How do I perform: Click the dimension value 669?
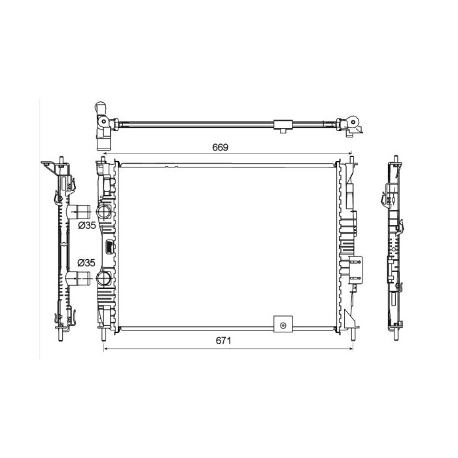point(220,147)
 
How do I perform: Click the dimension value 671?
point(223,341)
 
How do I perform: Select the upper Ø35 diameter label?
point(87,225)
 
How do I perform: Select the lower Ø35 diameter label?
point(86,263)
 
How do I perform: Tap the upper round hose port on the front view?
point(103,212)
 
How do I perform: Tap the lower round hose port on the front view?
point(103,278)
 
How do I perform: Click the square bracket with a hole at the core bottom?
point(283,324)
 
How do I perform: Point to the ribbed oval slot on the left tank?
point(109,247)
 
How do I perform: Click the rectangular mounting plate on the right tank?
point(356,270)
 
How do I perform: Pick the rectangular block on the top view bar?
point(283,125)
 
